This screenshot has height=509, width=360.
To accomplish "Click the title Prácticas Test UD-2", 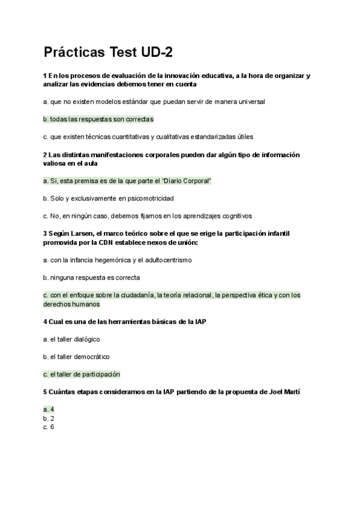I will click(x=108, y=53).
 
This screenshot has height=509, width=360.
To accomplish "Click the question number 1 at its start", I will click(x=45, y=76).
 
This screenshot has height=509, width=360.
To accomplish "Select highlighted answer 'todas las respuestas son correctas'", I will click(x=98, y=119).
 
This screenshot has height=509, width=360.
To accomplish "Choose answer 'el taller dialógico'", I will click(x=71, y=339).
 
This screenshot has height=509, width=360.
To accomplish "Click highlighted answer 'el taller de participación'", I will click(x=82, y=374).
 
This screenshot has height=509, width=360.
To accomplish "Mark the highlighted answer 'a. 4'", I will click(x=49, y=409).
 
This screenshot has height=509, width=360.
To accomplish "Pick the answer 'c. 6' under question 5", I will click(x=49, y=427).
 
